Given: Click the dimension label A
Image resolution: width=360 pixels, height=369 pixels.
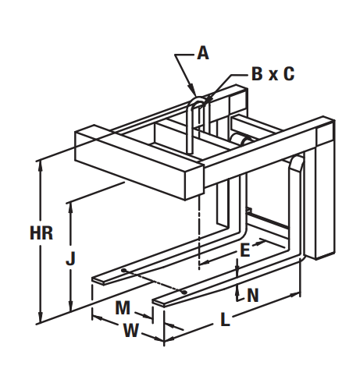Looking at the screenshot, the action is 203,53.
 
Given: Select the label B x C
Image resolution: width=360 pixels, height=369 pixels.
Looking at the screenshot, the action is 273,73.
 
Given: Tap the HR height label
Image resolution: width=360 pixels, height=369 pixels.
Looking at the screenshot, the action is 41,232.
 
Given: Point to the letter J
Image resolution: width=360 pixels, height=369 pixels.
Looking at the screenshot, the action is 70,259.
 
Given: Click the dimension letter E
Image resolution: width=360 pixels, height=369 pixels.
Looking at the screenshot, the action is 244,250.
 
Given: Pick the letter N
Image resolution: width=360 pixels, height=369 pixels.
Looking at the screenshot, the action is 253,295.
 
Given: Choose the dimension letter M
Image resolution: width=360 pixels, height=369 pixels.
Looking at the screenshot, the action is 123,307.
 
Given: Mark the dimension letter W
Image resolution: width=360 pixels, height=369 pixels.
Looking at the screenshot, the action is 130,330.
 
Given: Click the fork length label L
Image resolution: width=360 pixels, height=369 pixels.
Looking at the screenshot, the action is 225,319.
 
